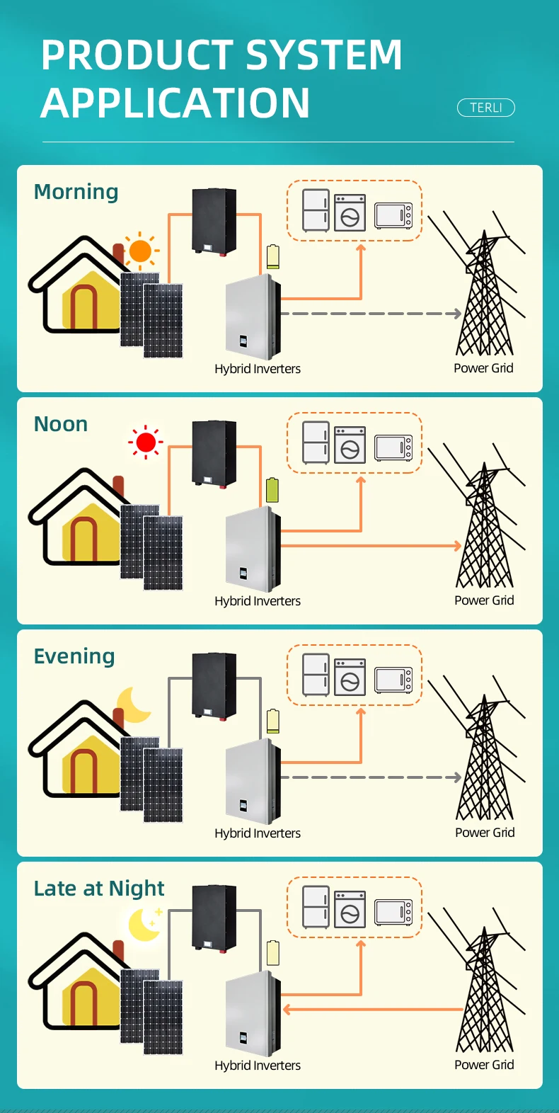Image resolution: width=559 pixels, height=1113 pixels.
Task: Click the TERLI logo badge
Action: (485, 108)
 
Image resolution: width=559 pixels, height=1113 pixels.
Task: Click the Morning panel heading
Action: (76, 192)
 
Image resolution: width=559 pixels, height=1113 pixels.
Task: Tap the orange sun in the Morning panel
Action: (141, 251)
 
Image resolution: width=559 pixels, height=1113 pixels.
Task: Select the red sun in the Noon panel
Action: (146, 442)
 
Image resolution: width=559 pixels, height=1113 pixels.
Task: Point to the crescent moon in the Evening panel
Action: (133, 704)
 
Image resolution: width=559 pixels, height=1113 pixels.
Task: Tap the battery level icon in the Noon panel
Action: (272, 490)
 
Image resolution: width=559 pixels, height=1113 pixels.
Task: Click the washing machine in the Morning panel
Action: (350, 212)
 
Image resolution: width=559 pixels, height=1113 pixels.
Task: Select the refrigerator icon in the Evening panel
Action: (316, 675)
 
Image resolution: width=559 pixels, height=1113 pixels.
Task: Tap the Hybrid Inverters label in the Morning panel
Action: (258, 369)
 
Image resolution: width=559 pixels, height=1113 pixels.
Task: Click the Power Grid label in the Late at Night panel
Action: (484, 1064)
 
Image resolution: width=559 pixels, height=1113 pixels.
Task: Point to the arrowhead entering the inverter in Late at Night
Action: (287, 1009)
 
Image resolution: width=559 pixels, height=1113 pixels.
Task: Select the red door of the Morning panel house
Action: (83, 307)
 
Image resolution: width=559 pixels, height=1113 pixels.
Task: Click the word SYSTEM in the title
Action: (323, 55)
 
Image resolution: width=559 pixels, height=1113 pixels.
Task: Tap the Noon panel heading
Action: (61, 424)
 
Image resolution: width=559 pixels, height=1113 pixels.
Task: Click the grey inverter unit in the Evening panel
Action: (253, 782)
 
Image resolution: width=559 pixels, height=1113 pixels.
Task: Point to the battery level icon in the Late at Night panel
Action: (272, 953)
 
